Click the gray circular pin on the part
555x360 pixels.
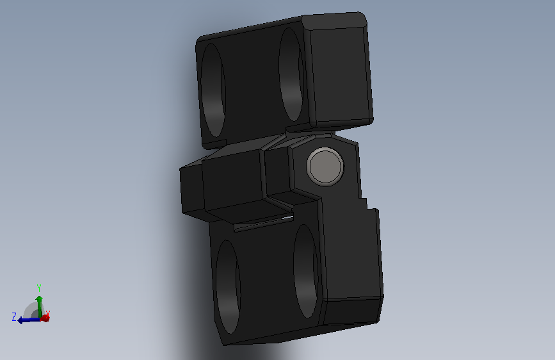click(325, 166)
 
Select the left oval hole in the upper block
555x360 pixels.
click(213, 90)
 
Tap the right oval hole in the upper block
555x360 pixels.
click(291, 74)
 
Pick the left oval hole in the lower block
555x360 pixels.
click(228, 287)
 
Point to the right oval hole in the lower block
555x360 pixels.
click(306, 271)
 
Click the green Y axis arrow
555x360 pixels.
click(39, 307)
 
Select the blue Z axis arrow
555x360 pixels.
click(29, 320)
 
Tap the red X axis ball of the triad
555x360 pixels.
click(45, 318)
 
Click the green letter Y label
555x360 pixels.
click(39, 288)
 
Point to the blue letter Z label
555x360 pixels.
click(14, 316)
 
